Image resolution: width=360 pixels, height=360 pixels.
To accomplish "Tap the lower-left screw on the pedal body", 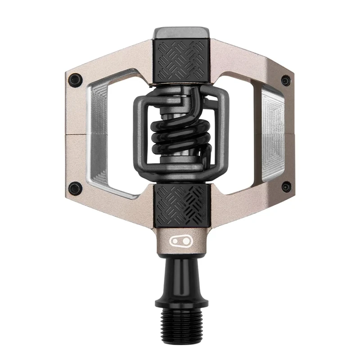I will point(75,188).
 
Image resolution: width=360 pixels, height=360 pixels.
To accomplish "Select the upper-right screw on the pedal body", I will point(285,81).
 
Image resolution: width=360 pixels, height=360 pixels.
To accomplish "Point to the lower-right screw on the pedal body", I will point(285,186).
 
